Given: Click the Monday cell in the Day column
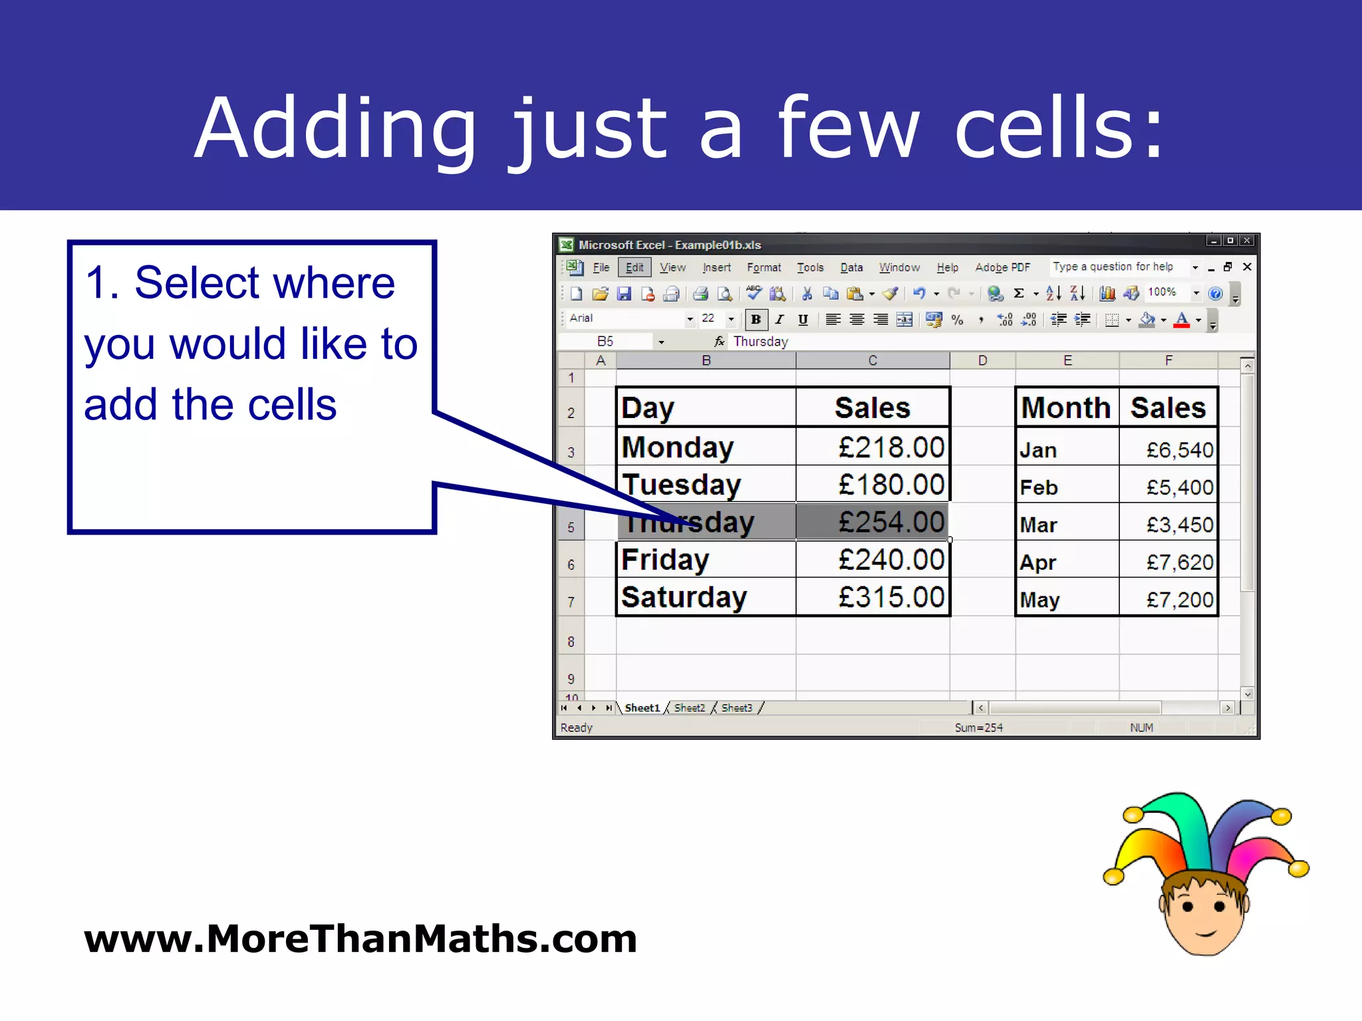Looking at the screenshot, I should [677, 447].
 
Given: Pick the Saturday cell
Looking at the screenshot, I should [684, 597].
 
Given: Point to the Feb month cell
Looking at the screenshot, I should [1039, 487].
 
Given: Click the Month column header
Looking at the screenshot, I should [1065, 407].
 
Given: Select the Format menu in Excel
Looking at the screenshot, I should [763, 267].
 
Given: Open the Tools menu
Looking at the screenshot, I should [810, 267].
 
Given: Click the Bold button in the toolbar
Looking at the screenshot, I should [755, 320].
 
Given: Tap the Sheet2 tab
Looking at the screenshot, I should [689, 708].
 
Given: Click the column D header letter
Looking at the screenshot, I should [982, 360].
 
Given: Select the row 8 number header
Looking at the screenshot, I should [571, 641].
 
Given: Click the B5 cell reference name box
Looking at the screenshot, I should [605, 341].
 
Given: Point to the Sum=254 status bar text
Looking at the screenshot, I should [978, 728].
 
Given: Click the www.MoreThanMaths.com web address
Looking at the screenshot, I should [360, 939].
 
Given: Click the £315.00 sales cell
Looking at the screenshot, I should [890, 597].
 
